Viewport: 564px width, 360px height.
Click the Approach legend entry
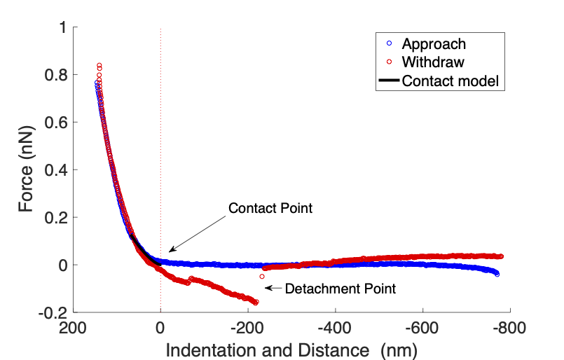click(x=434, y=43)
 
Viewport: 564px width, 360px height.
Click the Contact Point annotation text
click(x=270, y=208)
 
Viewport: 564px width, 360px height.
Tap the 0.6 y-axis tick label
click(x=57, y=123)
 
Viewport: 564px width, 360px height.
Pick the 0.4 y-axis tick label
click(x=57, y=170)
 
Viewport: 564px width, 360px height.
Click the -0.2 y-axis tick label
click(x=54, y=312)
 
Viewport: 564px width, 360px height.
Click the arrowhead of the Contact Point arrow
click(x=170, y=251)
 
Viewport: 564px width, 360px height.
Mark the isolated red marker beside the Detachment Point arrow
click(x=262, y=277)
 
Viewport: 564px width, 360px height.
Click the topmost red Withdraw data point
click(x=99, y=65)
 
